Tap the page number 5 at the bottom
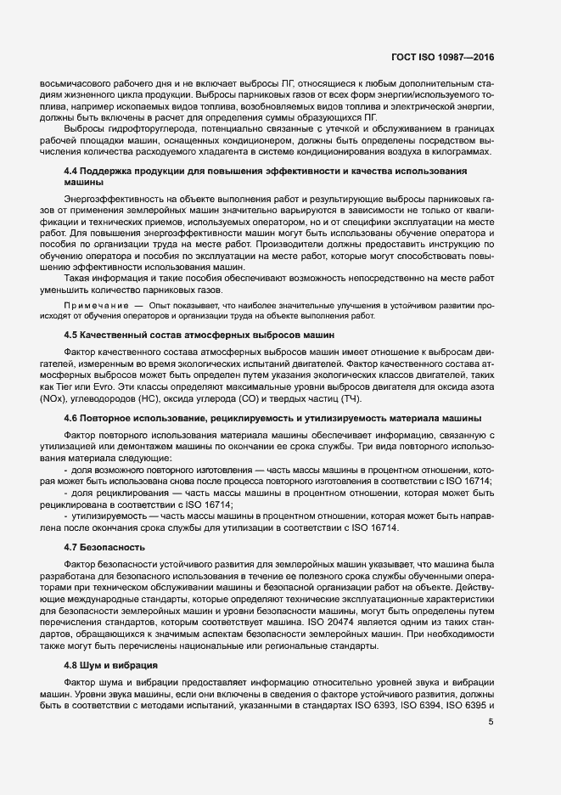(491, 722)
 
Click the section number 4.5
(72, 335)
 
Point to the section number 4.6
(72, 418)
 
